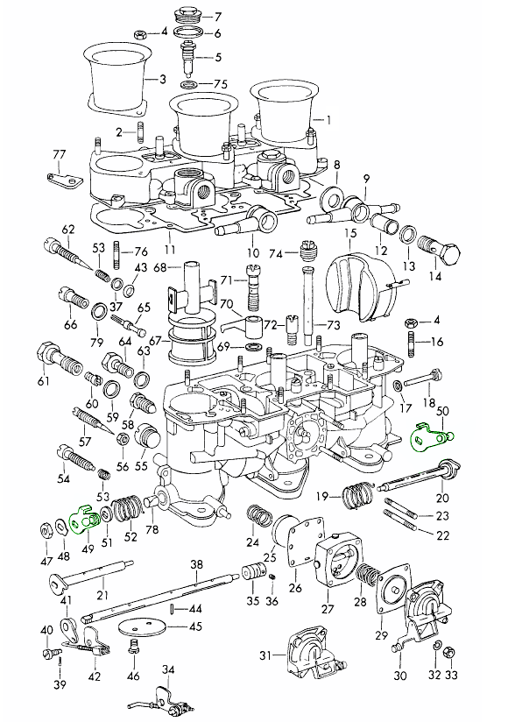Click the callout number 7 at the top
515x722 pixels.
218,17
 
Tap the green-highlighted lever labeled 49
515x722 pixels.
85,520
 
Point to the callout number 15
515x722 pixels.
351,232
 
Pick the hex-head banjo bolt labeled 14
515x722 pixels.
440,250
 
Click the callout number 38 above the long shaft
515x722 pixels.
196,564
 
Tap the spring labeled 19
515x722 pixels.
358,494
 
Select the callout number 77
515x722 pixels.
59,154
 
